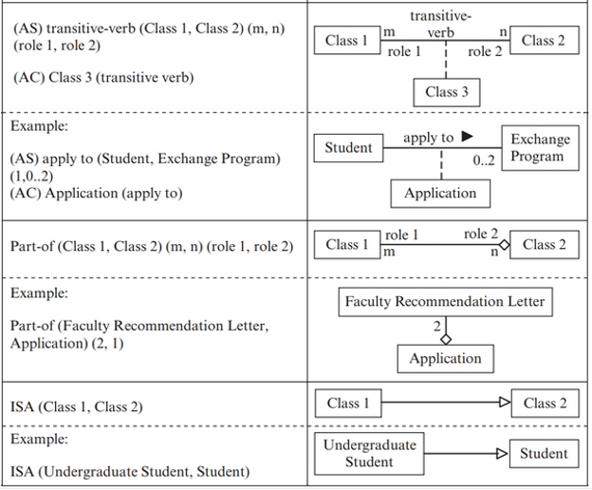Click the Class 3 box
click(x=446, y=91)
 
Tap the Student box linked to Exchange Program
click(x=348, y=147)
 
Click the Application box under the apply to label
click(x=440, y=193)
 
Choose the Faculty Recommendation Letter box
click(x=445, y=302)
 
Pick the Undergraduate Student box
click(x=369, y=453)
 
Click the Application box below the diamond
click(x=445, y=358)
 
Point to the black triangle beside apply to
click(x=467, y=137)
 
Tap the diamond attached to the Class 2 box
click(x=504, y=245)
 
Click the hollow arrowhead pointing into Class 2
click(x=505, y=403)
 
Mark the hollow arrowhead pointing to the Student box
click(x=503, y=454)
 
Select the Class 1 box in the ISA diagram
click(x=346, y=403)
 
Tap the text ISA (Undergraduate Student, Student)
click(x=130, y=471)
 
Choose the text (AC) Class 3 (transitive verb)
click(x=102, y=78)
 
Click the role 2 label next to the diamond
click(x=481, y=234)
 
